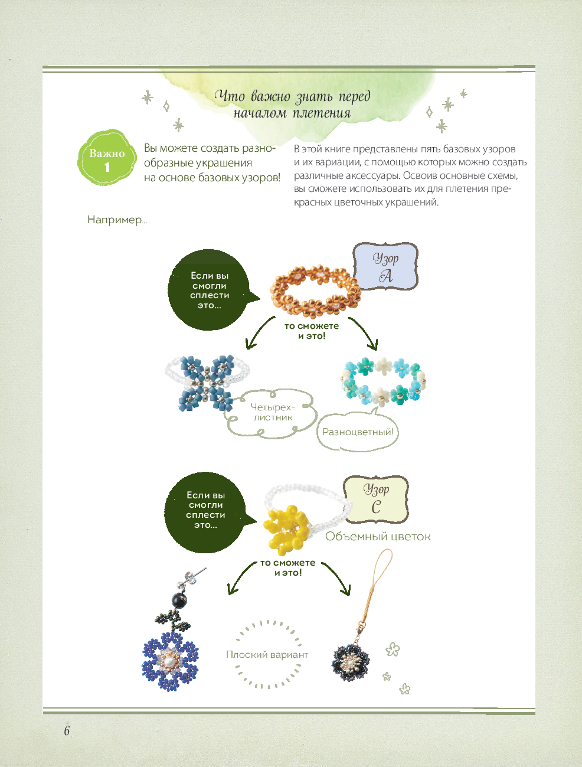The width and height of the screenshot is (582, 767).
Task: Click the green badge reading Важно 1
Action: point(107,158)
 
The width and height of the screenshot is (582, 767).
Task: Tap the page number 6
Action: point(67,730)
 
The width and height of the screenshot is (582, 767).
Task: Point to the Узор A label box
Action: point(385,267)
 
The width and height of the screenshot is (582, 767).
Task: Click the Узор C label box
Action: point(377,499)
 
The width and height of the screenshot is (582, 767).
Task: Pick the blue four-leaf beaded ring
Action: point(207,381)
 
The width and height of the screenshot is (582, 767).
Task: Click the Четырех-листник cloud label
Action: point(272,413)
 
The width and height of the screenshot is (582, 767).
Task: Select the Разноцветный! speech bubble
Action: point(358,432)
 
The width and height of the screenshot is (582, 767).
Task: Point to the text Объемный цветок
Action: point(378,537)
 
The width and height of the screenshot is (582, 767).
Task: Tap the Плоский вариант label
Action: point(267,654)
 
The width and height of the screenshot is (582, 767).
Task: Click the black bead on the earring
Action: point(179,600)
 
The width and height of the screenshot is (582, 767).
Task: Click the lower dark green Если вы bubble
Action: point(205,511)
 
